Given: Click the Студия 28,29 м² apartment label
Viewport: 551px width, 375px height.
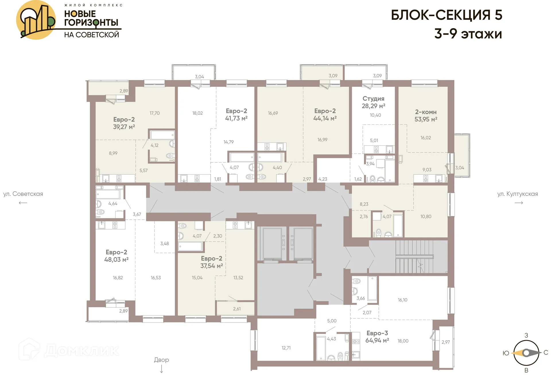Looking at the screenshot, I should (373, 102).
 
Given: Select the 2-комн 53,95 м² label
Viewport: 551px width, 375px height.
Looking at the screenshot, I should (426, 115).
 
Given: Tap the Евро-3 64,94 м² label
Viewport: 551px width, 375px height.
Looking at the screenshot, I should (377, 337).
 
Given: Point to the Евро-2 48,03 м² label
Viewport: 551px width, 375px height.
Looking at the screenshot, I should (116, 256).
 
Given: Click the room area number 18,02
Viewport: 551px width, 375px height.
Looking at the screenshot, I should (197, 113).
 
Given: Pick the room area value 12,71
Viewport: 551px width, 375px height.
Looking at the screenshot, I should (286, 348).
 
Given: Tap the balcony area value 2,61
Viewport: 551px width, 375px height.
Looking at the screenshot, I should (237, 309).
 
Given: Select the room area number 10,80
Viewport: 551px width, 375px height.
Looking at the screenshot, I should (426, 217).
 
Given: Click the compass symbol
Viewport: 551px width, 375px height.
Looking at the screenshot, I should (526, 353).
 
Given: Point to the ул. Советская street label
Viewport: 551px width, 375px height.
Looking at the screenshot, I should (23, 194).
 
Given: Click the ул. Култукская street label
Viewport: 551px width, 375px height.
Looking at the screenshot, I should (517, 194).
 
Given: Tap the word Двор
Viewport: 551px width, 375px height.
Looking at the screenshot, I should (161, 360).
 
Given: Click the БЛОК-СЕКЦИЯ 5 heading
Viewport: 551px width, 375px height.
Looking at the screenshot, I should (447, 15).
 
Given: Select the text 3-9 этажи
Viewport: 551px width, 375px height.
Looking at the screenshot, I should (468, 34).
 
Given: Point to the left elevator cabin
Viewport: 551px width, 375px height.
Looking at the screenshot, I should (272, 243).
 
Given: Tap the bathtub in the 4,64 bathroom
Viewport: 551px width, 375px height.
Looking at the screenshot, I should (108, 194).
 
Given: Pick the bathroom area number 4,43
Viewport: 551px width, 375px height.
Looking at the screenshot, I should (331, 339).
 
